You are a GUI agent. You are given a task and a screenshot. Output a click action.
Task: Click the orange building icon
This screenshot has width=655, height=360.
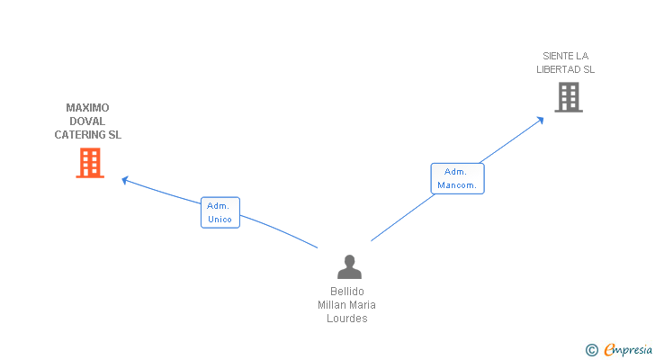pyautogui.click(x=89, y=163)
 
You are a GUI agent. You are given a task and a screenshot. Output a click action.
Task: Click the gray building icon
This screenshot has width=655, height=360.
pyautogui.click(x=569, y=97)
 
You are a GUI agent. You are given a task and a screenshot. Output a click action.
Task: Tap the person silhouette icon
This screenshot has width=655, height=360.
pyautogui.click(x=349, y=267)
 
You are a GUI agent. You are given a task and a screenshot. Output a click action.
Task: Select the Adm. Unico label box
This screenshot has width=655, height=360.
pyautogui.click(x=220, y=212)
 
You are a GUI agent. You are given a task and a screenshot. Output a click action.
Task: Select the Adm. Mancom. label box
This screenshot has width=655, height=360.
pyautogui.click(x=457, y=178)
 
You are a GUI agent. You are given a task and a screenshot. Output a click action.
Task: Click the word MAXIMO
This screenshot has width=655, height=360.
pyautogui.click(x=87, y=108)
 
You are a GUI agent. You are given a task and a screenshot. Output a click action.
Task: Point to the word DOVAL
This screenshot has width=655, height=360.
pyautogui.click(x=87, y=121)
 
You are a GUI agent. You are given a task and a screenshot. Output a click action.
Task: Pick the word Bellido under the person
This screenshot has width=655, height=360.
pyautogui.click(x=347, y=292)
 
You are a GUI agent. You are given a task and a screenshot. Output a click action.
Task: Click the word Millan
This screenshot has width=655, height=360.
pyautogui.click(x=332, y=305)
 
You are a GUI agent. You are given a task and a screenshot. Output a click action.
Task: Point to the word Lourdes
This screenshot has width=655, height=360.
pyautogui.click(x=347, y=319)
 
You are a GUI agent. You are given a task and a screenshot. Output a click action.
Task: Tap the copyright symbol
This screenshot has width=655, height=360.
pyautogui.click(x=592, y=350)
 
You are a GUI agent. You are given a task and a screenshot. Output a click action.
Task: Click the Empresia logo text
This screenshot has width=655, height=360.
pyautogui.click(x=628, y=350)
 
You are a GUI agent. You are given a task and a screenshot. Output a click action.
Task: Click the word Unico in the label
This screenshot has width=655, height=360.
pyautogui.click(x=220, y=220)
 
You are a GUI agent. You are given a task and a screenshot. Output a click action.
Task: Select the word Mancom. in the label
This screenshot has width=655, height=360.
pyautogui.click(x=457, y=186)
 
